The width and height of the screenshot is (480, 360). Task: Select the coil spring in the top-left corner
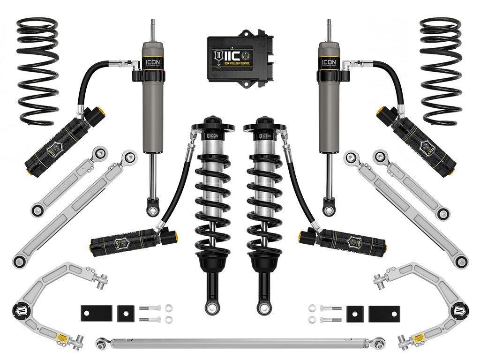click(x=37, y=70)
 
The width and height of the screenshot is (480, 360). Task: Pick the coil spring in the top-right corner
click(x=441, y=70)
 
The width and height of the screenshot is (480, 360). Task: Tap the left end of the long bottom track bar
click(x=101, y=344)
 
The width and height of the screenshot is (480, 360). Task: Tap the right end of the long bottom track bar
click(x=377, y=344)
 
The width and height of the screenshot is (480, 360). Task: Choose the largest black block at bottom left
click(x=96, y=313)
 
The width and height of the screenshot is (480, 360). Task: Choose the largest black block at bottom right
click(x=384, y=313)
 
